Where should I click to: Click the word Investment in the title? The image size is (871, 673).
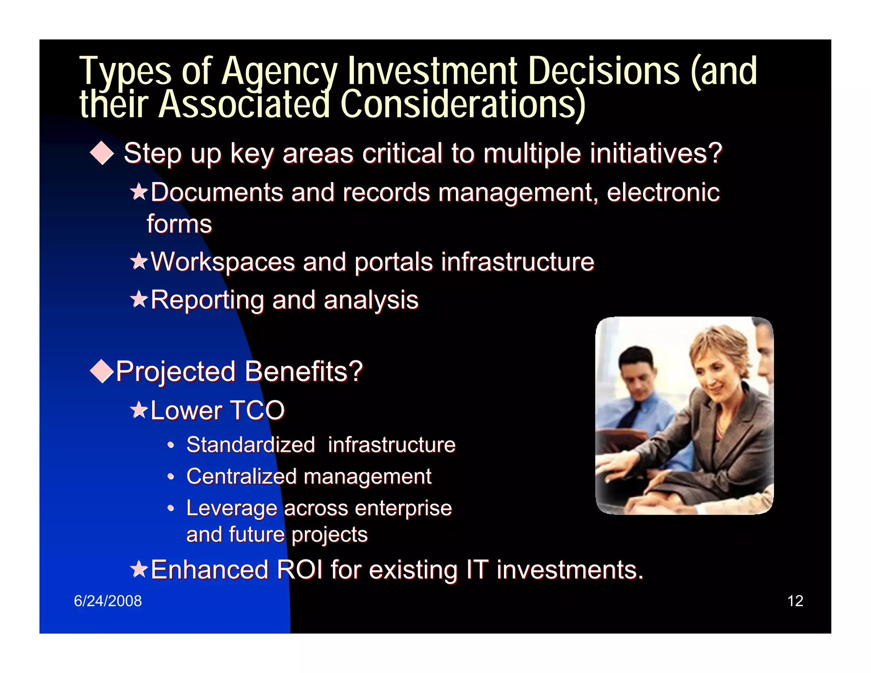(432, 71)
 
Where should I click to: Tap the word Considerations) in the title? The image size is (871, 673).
(463, 104)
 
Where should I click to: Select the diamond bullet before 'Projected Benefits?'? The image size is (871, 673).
(102, 371)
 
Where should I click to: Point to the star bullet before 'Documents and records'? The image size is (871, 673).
(139, 192)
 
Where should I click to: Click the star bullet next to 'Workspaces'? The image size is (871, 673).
(139, 261)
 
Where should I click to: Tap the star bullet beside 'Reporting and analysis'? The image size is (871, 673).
(139, 299)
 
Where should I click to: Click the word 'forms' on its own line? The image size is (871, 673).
(179, 224)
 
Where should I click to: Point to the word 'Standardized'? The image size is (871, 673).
(250, 445)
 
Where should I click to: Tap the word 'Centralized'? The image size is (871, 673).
(241, 476)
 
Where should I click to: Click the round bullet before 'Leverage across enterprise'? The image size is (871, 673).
(171, 508)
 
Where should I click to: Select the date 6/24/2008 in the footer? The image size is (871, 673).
(108, 601)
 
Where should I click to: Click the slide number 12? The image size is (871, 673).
(795, 601)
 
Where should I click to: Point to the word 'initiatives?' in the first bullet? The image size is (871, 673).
(655, 153)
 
